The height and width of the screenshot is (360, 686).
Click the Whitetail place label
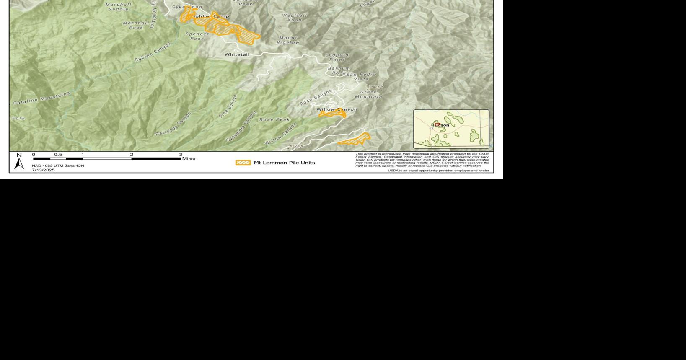[x=237, y=54]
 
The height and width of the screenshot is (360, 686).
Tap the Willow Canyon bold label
[x=337, y=109]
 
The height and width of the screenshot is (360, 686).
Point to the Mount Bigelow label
[x=288, y=40]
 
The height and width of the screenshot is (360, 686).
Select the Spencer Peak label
[x=197, y=36]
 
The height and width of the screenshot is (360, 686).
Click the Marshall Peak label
[x=136, y=25]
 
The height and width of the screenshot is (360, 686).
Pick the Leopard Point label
[x=337, y=57]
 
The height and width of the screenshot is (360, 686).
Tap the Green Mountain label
[x=369, y=94]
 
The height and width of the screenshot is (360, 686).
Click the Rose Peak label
[x=274, y=119]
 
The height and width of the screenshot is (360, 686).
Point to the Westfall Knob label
[x=295, y=18]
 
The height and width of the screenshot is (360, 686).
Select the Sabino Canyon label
[x=153, y=52]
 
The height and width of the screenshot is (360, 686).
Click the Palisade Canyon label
[x=173, y=124]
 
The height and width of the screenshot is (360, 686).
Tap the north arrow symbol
[x=19, y=162]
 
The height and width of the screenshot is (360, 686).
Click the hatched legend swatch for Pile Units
[x=243, y=163]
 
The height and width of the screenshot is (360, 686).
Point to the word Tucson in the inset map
[x=440, y=125]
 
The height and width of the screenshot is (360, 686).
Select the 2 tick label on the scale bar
[x=132, y=155]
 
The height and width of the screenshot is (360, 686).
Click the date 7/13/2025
[x=43, y=170]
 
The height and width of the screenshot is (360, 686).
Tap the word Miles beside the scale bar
[x=189, y=158]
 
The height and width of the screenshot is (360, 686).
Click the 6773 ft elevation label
[x=296, y=146]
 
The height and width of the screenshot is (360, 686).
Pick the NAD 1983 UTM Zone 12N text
[x=58, y=166]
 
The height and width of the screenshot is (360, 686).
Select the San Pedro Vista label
[x=361, y=77]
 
